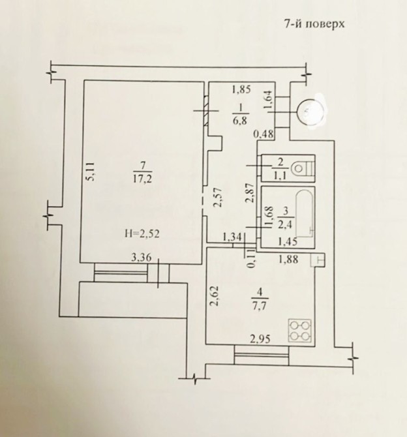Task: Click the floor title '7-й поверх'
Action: pyautogui.click(x=314, y=23)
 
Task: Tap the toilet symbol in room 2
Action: pyautogui.click(x=302, y=168)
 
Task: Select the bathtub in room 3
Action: pyautogui.click(x=306, y=213)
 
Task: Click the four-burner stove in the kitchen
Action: pyautogui.click(x=300, y=331)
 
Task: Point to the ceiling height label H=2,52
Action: pyautogui.click(x=142, y=234)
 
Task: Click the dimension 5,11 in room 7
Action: pyautogui.click(x=91, y=172)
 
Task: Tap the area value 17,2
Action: pyautogui.click(x=142, y=179)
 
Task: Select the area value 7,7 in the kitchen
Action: pyautogui.click(x=260, y=306)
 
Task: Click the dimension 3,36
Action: pyautogui.click(x=142, y=258)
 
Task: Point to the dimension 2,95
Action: pyautogui.click(x=260, y=339)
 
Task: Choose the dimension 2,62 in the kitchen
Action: pyautogui.click(x=215, y=296)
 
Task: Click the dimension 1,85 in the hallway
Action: pyautogui.click(x=241, y=90)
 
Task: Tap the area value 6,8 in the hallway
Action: pyautogui.click(x=239, y=121)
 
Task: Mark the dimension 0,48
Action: pyautogui.click(x=263, y=134)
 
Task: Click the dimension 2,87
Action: pyautogui.click(x=252, y=192)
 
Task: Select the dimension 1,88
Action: pyautogui.click(x=288, y=260)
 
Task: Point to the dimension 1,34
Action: pyautogui.click(x=232, y=237)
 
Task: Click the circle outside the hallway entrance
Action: pyautogui.click(x=311, y=112)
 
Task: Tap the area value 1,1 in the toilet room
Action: pyautogui.click(x=280, y=177)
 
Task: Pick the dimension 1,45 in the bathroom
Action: pyautogui.click(x=288, y=242)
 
